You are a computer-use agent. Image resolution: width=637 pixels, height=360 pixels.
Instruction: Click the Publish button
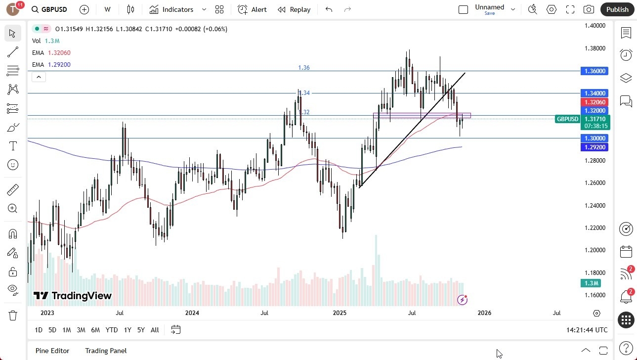(617, 9)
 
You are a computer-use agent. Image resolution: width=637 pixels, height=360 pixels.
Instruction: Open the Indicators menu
(177, 9)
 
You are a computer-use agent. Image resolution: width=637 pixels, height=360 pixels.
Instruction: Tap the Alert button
(252, 9)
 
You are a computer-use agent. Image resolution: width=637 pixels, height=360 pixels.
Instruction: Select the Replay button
(294, 9)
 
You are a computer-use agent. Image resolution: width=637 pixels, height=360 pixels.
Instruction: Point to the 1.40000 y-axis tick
(595, 26)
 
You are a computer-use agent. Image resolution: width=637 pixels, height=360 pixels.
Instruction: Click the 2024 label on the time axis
(192, 313)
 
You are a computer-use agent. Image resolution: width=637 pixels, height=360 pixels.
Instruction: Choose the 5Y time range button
(141, 330)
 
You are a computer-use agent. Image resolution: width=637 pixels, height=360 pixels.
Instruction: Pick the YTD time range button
(112, 330)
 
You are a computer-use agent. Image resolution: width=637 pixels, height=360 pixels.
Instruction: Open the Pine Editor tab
(52, 351)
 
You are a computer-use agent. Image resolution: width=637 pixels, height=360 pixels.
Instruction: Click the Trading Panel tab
(106, 351)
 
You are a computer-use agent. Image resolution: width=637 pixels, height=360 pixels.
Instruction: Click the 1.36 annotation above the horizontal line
(304, 68)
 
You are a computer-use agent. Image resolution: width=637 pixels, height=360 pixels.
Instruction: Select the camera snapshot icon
(589, 9)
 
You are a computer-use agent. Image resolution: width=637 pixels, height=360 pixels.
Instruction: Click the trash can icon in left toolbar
(13, 315)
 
